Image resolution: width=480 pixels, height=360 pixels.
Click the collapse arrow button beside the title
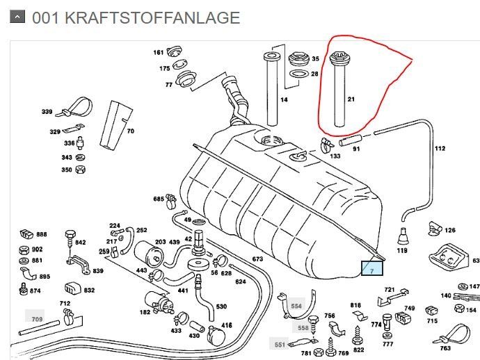coord(17,17)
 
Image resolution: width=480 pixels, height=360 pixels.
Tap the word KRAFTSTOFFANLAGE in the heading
coord(152,18)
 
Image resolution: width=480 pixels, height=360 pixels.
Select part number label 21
coord(351,99)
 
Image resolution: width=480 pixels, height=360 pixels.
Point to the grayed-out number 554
coord(296,306)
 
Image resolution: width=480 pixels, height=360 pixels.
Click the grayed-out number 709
coord(37,319)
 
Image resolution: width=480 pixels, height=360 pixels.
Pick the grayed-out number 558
coord(303,327)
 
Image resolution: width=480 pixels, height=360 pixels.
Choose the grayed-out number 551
coord(280,345)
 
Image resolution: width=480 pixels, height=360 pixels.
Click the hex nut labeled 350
coord(80,170)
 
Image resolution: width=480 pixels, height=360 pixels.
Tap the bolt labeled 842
coord(70,239)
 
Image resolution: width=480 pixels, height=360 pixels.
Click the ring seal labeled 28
coord(299,74)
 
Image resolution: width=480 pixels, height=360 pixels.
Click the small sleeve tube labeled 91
coord(350,140)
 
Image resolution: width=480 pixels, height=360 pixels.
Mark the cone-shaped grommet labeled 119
coord(403,236)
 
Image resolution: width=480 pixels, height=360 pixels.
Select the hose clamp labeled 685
coord(171,201)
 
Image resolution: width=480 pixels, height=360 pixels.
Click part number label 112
coord(440,148)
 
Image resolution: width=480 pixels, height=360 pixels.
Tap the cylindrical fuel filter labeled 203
coord(149,254)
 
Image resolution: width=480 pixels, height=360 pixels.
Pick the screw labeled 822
coord(358,336)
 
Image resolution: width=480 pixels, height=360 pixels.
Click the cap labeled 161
coord(175,51)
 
